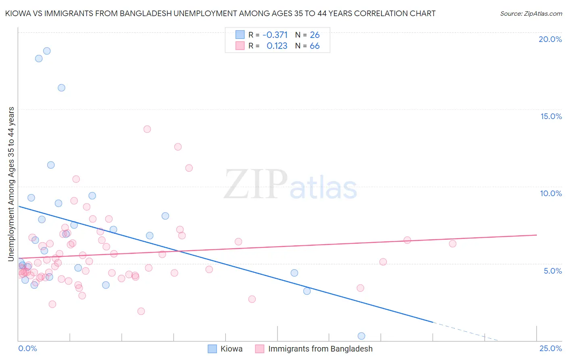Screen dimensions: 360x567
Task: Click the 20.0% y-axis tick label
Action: pos(550,39)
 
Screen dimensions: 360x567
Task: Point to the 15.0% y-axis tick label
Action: pos(551,116)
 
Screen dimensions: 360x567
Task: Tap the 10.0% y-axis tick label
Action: pos(551,193)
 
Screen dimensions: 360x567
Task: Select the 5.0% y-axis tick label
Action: pos(552,271)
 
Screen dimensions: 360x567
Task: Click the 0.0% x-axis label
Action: pos(27,348)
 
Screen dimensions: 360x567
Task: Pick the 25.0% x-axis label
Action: pos(550,348)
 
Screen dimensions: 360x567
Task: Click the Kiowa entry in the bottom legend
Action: pos(231,349)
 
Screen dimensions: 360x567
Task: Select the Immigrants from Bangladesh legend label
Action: pos(320,349)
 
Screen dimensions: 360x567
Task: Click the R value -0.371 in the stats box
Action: pos(275,35)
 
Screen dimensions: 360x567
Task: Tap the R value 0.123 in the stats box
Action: pos(277,46)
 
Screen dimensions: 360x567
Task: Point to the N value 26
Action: pos(315,35)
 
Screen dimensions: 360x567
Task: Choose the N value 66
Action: pos(315,46)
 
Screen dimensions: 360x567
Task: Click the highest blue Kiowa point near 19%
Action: pos(47,51)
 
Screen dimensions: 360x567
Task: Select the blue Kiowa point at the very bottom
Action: pos(361,336)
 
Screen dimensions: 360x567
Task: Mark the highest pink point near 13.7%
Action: pos(147,129)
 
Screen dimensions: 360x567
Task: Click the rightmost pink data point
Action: pos(452,244)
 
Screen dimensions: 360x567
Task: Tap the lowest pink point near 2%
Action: pos(141,311)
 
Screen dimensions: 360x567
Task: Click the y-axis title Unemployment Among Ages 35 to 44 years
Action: pos(11,184)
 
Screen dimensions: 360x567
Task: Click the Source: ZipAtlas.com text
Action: pos(531,14)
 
